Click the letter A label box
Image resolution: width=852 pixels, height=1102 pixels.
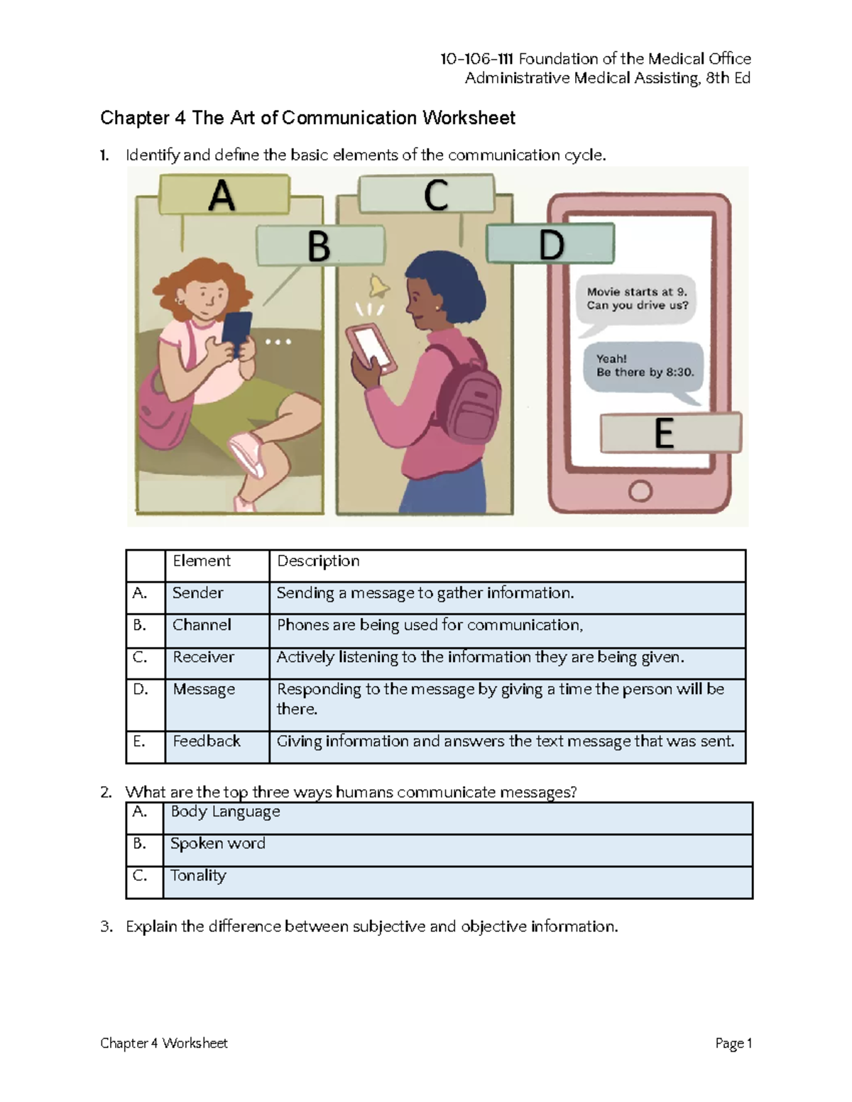tap(224, 194)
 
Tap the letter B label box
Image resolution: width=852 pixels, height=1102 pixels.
tap(320, 246)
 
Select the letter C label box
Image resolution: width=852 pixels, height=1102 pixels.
tap(426, 194)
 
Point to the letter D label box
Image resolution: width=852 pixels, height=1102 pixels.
tap(550, 244)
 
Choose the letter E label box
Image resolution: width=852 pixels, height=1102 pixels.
tap(670, 433)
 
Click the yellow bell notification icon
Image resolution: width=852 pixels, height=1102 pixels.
tap(378, 287)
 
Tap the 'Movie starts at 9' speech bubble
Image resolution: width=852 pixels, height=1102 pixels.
tap(636, 299)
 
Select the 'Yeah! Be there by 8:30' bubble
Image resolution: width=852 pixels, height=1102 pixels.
tap(643, 366)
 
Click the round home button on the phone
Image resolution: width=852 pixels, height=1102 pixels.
tap(640, 491)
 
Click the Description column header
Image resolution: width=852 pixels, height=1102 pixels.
tap(318, 561)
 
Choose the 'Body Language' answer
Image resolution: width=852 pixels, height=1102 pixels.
tap(226, 812)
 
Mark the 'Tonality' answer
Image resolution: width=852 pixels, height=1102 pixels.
tap(198, 876)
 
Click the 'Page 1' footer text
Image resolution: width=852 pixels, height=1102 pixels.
tap(733, 1043)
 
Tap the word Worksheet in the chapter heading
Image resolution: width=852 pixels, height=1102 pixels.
tap(469, 118)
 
